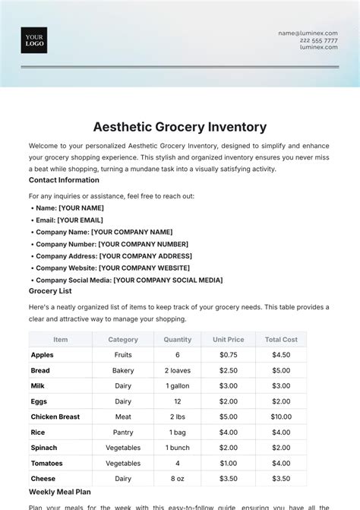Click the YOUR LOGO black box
point(34,40)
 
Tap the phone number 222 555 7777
point(320,40)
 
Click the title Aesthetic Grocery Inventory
point(179,126)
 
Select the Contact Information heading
point(64,180)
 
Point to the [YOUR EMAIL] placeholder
point(80,220)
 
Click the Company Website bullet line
point(112,268)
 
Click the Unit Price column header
point(228,340)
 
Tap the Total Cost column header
point(281,340)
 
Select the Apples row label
point(43,355)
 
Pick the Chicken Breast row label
point(55,417)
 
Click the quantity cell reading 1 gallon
point(177,386)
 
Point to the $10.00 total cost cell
point(281,417)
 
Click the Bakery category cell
point(123,370)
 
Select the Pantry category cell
point(123,432)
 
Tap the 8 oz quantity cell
point(177,479)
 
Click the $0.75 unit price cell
point(228,355)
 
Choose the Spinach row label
point(44,448)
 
